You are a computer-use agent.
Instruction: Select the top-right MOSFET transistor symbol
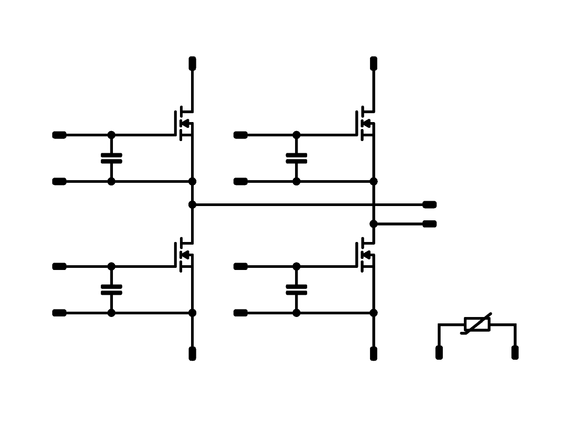(366, 124)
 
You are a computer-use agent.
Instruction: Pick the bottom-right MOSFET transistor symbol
(366, 255)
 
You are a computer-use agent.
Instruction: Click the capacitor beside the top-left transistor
(111, 158)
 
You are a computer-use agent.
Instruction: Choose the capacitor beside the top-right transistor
(296, 158)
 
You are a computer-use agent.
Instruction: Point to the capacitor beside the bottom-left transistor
(111, 290)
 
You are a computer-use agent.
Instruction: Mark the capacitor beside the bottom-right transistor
(296, 290)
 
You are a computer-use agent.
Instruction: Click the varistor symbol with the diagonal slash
(477, 324)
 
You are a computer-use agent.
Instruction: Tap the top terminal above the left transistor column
(192, 63)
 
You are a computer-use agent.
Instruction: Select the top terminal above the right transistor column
(374, 63)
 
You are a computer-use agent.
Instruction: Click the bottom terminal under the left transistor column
(192, 353)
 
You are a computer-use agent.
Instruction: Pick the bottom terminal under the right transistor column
(374, 353)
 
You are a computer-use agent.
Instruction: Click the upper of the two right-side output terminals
(430, 204)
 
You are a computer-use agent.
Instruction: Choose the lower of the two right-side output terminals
(430, 223)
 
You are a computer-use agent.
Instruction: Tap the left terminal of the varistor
(439, 352)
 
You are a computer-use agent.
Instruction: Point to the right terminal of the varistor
(515, 352)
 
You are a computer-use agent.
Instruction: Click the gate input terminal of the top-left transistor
(59, 135)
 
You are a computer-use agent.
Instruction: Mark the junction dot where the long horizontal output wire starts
(192, 204)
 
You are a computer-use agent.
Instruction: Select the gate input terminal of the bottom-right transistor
(240, 266)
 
